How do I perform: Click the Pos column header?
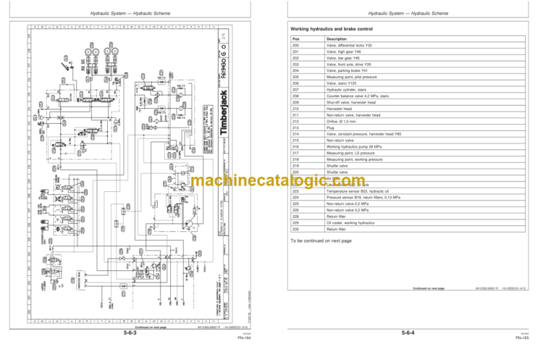click(x=293, y=38)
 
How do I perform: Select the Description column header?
click(x=335, y=38)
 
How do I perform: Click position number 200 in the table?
click(x=293, y=46)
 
